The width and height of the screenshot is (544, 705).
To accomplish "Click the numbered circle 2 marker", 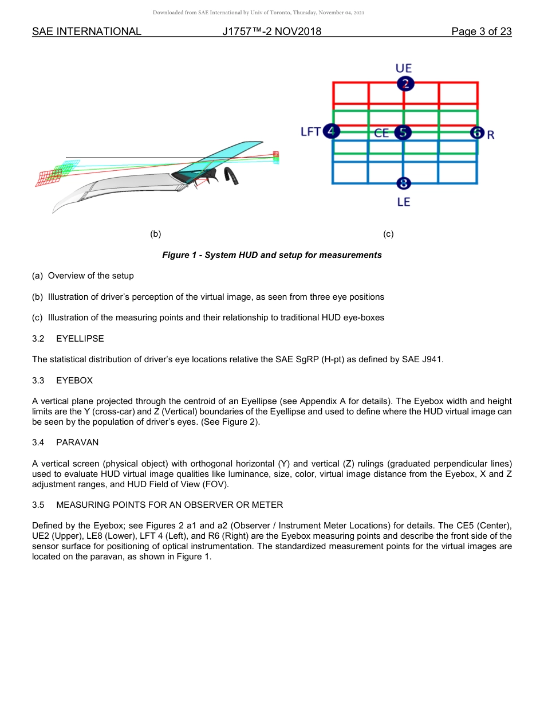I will [405, 84].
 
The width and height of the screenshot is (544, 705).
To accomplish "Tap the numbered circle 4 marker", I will [332, 132].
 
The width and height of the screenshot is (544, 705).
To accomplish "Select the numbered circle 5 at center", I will [403, 132].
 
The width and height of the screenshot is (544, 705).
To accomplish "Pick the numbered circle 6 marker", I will [477, 133].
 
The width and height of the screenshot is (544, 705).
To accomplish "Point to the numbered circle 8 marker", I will [404, 183].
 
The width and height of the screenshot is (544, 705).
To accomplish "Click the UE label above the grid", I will [404, 68].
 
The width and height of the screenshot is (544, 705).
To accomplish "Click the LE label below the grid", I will [404, 202].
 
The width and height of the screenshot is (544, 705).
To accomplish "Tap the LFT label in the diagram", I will [310, 132].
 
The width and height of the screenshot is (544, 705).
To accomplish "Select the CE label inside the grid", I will [382, 133].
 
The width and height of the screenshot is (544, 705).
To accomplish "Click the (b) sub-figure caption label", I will [155, 234].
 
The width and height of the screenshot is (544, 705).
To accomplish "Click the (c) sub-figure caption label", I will [388, 234].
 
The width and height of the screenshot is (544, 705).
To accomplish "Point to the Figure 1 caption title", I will [271, 255].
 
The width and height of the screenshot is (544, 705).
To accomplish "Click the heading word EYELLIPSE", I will [80, 339].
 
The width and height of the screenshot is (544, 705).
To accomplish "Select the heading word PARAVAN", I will [77, 442].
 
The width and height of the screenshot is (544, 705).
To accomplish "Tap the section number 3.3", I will [38, 381].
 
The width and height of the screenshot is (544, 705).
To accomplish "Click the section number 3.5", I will [38, 505].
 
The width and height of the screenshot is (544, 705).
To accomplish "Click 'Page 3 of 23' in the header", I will [481, 32].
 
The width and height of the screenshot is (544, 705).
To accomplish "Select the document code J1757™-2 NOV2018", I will [271, 32].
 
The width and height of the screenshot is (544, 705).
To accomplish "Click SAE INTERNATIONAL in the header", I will [86, 32].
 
